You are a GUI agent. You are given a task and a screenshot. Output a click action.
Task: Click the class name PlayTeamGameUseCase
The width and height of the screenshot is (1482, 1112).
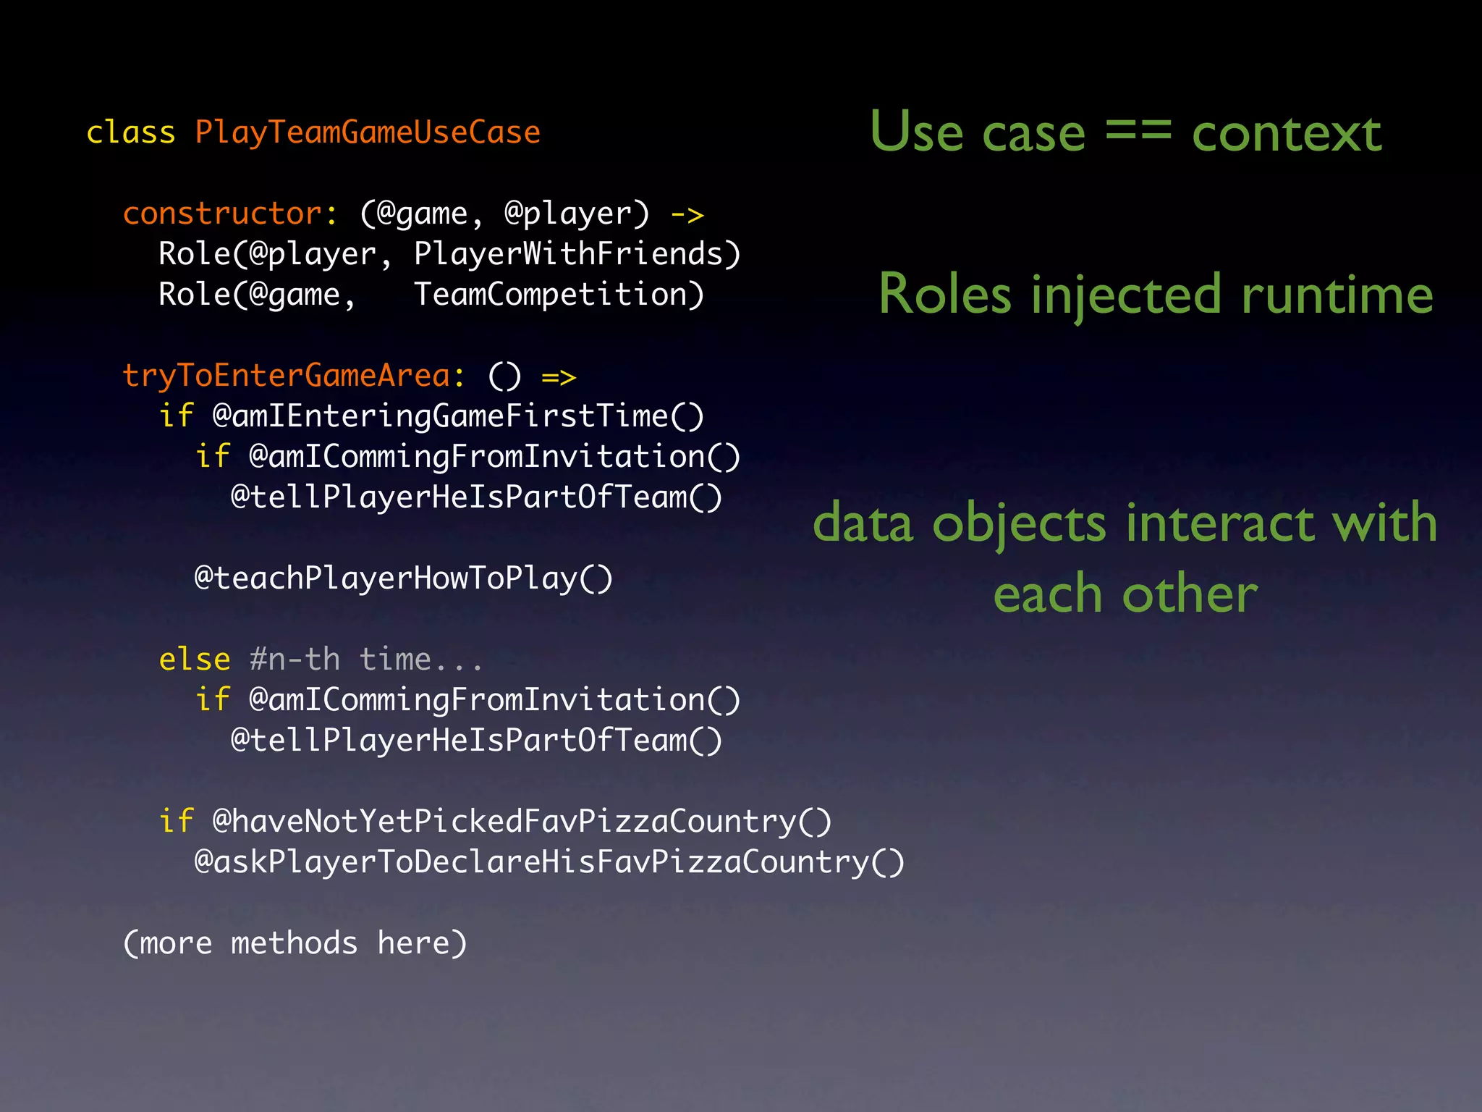pos(368,132)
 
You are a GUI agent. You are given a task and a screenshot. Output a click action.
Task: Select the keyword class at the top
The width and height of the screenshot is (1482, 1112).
pos(131,132)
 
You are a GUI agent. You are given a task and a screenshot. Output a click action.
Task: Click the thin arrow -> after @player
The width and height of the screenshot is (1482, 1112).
pos(687,214)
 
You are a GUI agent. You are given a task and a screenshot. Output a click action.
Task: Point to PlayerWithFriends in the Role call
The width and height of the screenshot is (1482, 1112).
pos(577,254)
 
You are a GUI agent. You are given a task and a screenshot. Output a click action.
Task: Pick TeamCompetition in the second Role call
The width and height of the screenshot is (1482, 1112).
pos(559,295)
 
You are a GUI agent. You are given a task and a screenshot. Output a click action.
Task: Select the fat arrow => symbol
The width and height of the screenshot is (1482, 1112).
pos(559,377)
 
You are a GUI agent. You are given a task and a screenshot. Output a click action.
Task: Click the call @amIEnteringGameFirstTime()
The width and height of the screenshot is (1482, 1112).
pos(458,416)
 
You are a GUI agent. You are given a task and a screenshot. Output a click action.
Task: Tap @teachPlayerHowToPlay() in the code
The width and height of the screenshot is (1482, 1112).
pos(404,578)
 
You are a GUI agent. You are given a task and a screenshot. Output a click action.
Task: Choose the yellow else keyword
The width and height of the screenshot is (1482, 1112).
pos(195,660)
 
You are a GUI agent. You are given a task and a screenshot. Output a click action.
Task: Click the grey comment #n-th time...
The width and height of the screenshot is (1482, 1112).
pos(366,660)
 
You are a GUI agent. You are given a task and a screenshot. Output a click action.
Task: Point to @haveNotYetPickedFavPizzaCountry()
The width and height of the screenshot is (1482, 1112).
pos(522,822)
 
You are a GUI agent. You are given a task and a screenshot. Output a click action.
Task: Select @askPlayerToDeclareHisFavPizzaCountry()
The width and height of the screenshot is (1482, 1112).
pos(549,862)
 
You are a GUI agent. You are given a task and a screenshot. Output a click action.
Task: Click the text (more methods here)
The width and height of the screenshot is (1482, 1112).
pos(295,943)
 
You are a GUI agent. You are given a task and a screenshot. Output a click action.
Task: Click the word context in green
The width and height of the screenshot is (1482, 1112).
pos(1287,134)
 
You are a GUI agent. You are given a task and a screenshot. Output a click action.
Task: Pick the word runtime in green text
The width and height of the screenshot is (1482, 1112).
pos(1337,295)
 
